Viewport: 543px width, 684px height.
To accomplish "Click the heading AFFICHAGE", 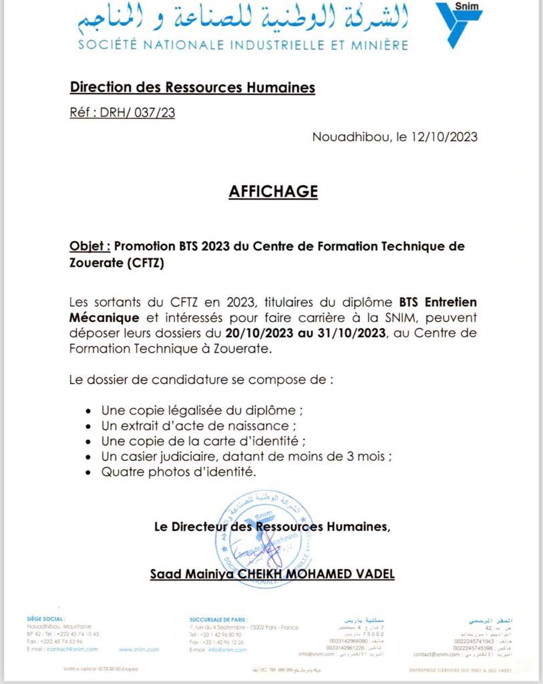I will pyautogui.click(x=273, y=192).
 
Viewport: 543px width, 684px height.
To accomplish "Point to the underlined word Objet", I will pyautogui.click(x=89, y=246).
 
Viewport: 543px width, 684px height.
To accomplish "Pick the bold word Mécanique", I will pyautogui.click(x=104, y=317).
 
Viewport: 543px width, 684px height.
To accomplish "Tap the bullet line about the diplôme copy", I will pyautogui.click(x=197, y=410).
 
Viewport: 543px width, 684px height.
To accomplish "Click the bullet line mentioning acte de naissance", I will pyautogui.click(x=199, y=425).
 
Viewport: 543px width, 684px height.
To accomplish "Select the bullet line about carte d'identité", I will pyautogui.click(x=204, y=441).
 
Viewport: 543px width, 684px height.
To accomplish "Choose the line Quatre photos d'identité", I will pyautogui.click(x=179, y=472).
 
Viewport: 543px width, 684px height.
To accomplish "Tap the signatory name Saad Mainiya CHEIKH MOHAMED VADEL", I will pyautogui.click(x=273, y=574).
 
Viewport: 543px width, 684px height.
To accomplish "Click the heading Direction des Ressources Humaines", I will pyautogui.click(x=192, y=87).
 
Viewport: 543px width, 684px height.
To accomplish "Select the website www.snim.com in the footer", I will pyautogui.click(x=139, y=649).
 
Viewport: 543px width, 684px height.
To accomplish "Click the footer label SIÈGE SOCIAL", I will pyautogui.click(x=45, y=619).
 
